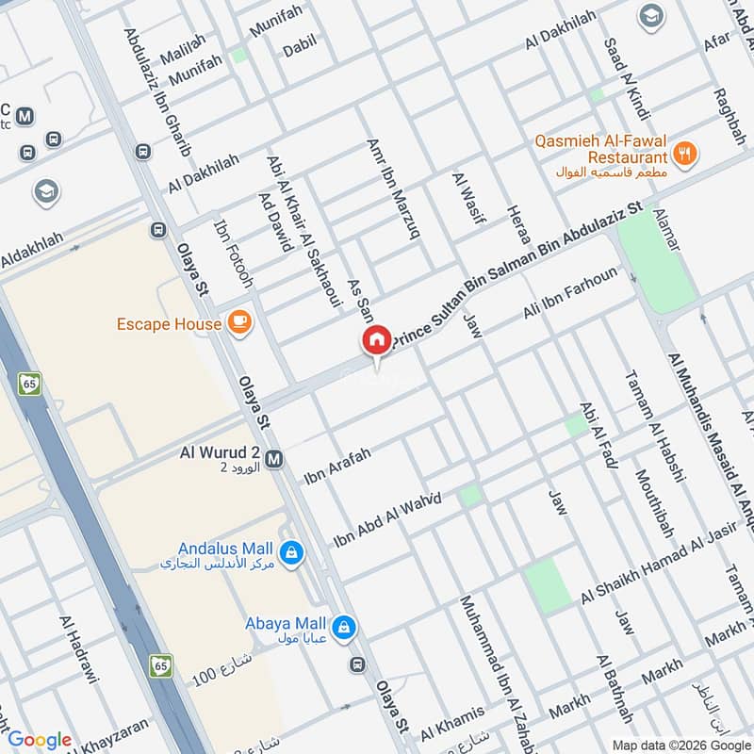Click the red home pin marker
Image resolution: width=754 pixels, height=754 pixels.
(x=377, y=340)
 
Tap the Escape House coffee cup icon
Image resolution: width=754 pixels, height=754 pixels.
(x=239, y=323)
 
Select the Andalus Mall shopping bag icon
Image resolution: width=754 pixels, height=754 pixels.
(x=291, y=549)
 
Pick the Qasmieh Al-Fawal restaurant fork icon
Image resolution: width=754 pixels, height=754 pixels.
(x=685, y=151)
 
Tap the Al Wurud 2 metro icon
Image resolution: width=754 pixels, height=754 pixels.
(x=274, y=459)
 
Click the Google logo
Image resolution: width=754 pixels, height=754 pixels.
(x=40, y=739)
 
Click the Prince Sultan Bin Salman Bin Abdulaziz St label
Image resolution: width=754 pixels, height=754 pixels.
(x=515, y=274)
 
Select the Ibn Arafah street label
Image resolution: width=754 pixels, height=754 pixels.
(x=336, y=465)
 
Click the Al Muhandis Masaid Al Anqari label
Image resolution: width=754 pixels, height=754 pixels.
(x=712, y=434)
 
